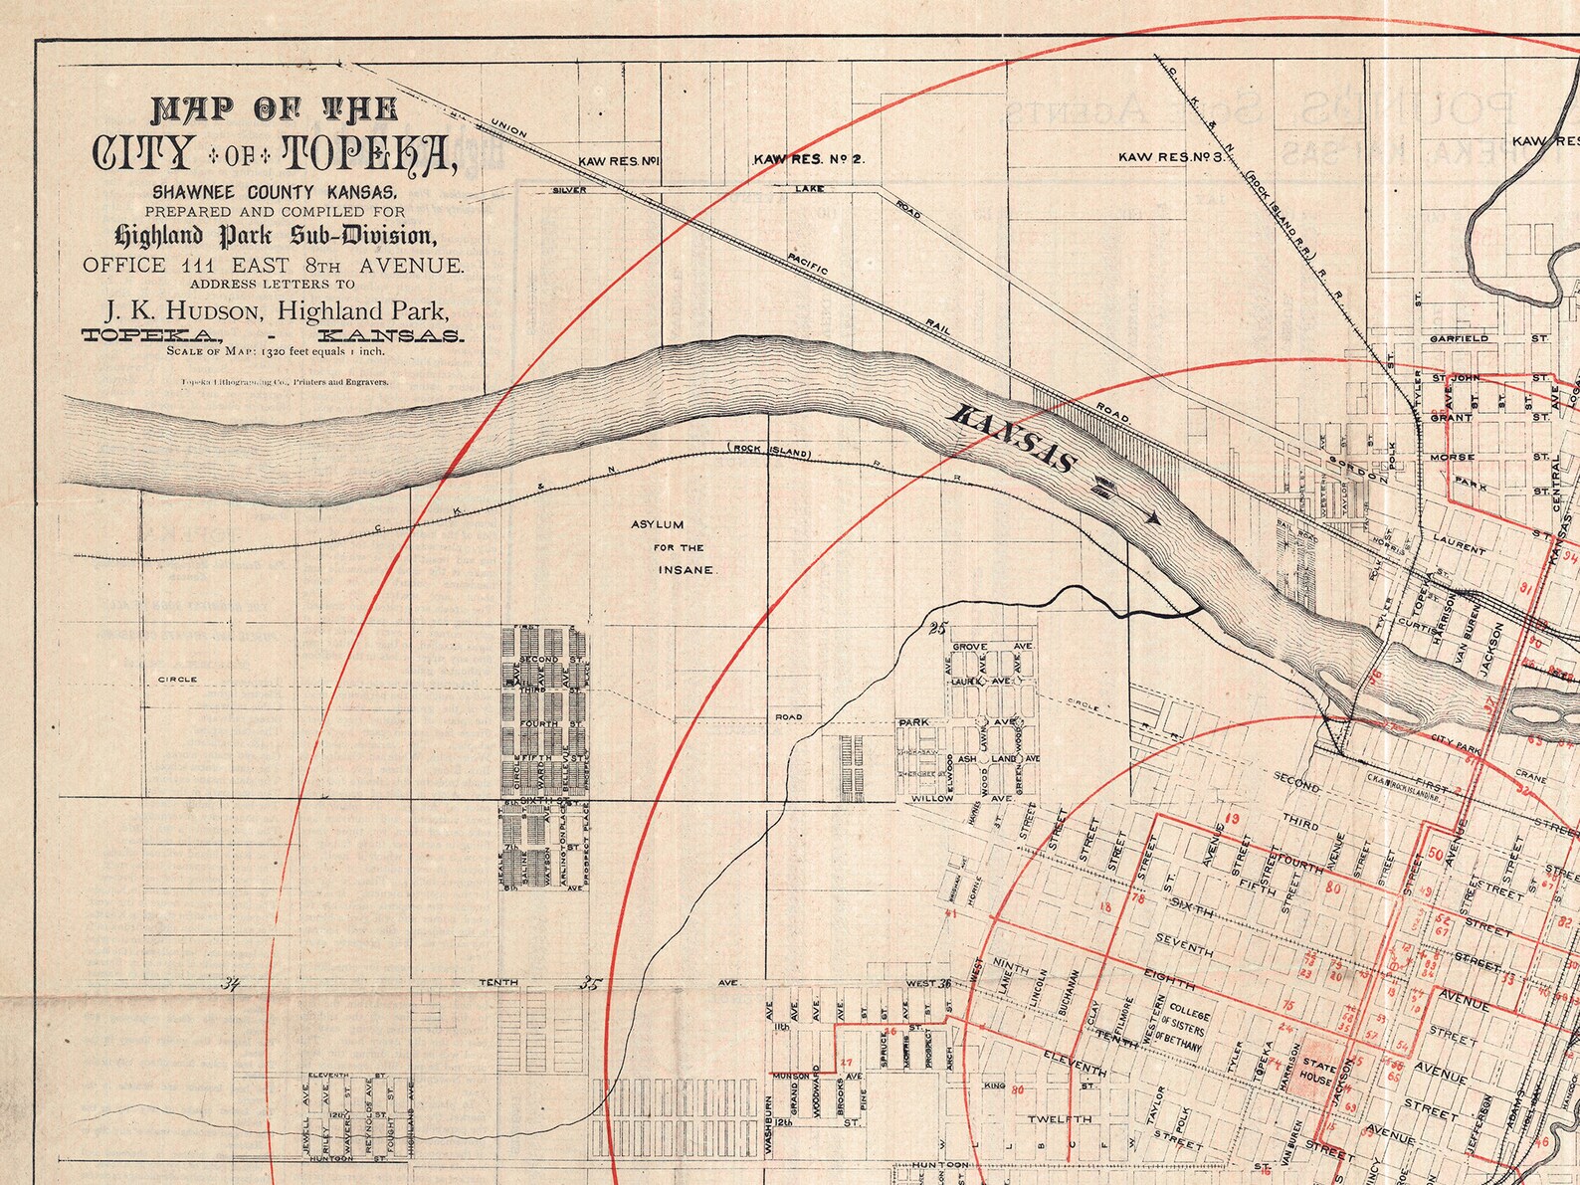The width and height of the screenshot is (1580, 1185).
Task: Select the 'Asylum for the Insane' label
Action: pos(679,546)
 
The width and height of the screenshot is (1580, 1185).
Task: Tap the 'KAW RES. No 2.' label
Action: pos(810,158)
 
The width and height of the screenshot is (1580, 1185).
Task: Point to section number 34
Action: pos(233,985)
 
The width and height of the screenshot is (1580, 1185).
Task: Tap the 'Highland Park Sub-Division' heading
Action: pos(276,237)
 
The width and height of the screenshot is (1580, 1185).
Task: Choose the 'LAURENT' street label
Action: pos(1460,543)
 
